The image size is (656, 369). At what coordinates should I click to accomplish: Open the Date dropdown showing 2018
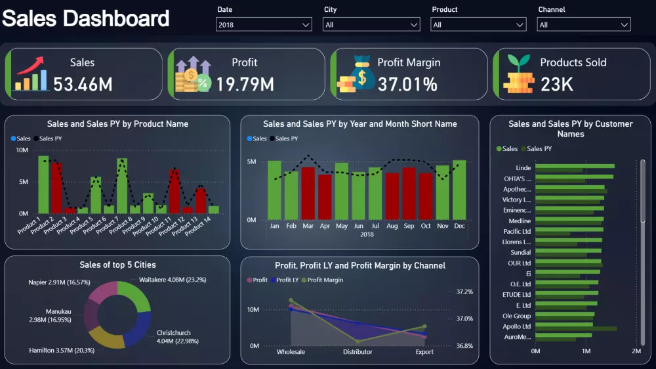[x=264, y=25]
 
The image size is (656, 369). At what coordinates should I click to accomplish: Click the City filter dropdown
[x=371, y=25]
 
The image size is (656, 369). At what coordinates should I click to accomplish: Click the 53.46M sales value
[x=83, y=84]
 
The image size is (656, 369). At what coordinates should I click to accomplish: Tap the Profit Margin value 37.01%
[x=407, y=84]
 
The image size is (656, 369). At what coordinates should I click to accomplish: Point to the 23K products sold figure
[x=557, y=84]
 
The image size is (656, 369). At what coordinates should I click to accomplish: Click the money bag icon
[x=358, y=74]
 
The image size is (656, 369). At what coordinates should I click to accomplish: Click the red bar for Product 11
[x=174, y=191]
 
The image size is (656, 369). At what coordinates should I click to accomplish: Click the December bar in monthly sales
[x=459, y=190]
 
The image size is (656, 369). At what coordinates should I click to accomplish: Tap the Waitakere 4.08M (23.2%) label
[x=173, y=280]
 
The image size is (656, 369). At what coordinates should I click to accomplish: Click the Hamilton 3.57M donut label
[x=62, y=350]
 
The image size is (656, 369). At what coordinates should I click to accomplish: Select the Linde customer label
[x=523, y=168]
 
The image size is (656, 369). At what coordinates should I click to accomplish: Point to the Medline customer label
[x=520, y=221]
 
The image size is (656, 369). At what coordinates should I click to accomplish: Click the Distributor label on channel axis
[x=358, y=352]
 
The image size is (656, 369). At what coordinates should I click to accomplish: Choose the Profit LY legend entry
[x=286, y=280]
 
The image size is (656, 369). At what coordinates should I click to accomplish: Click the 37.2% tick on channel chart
[x=464, y=292]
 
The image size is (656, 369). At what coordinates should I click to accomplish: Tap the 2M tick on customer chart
[x=636, y=352]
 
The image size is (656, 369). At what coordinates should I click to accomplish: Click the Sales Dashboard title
[x=85, y=18]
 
